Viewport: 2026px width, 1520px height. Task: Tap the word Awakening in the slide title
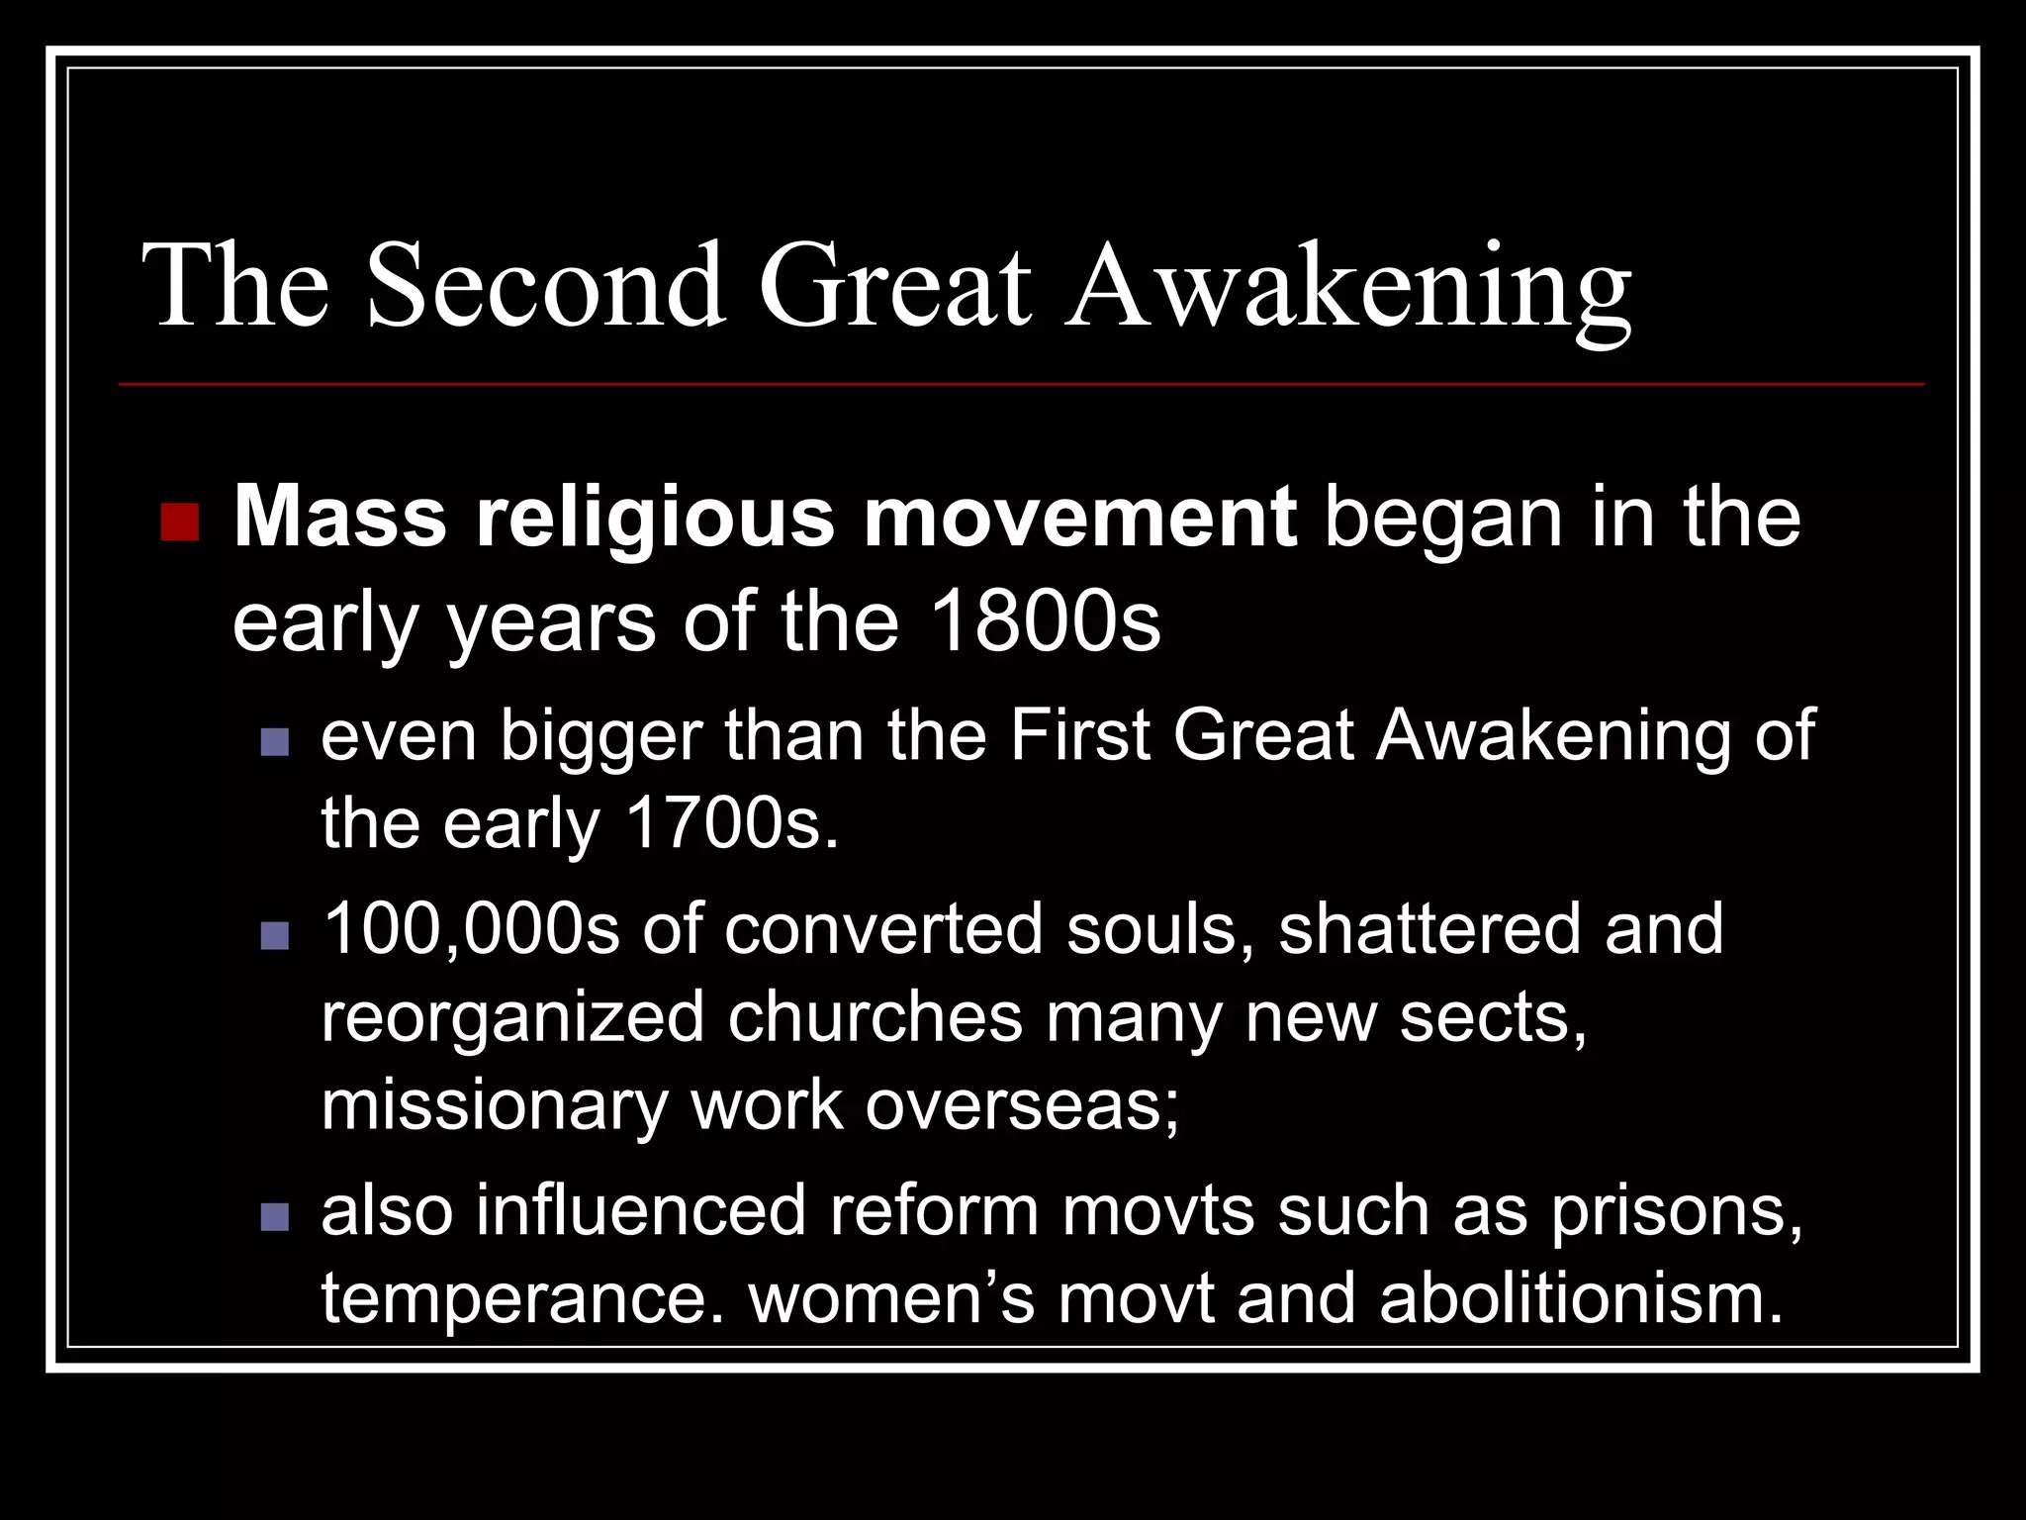click(x=1347, y=287)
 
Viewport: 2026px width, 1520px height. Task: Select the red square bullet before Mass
click(x=179, y=522)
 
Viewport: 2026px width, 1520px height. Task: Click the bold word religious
click(x=655, y=519)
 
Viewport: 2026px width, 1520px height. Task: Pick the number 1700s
click(x=732, y=823)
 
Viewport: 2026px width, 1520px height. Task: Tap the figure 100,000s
click(x=471, y=928)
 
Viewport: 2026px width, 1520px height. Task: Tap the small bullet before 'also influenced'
click(x=274, y=1216)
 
